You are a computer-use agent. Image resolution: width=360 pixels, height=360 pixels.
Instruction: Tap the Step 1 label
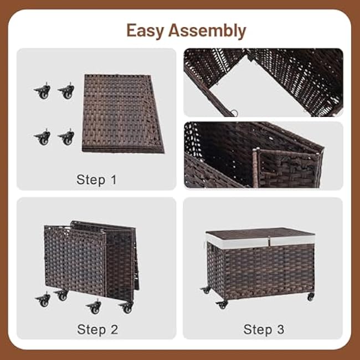coord(97,179)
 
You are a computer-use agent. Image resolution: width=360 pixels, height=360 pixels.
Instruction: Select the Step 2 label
coord(97,330)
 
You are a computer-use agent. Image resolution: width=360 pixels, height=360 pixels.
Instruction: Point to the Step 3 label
coord(264,330)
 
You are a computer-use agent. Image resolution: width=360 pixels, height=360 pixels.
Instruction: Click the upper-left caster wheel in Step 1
coord(42,91)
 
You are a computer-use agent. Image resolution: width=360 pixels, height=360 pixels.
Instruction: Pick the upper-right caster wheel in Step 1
coord(66,91)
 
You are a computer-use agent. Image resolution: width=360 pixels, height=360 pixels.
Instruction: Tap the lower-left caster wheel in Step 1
coord(42,137)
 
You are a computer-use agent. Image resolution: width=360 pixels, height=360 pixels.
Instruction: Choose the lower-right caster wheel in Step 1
coord(66,137)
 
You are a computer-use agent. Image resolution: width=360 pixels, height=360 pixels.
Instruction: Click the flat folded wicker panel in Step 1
coord(123,114)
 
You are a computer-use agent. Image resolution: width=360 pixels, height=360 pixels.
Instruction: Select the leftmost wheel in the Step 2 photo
coord(43,300)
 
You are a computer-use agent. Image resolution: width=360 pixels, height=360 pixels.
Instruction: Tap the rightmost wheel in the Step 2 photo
coord(127,306)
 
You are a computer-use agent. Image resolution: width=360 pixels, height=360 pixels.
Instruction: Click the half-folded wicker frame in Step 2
coord(91,258)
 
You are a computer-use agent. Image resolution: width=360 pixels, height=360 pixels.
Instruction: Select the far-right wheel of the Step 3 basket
coord(310,297)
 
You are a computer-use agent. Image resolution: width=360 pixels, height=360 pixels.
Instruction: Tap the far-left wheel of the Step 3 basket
coord(205,290)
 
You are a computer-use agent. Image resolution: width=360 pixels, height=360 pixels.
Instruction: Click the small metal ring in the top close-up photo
coord(234,114)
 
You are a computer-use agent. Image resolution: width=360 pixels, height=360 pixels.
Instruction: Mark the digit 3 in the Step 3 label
coord(280,330)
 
